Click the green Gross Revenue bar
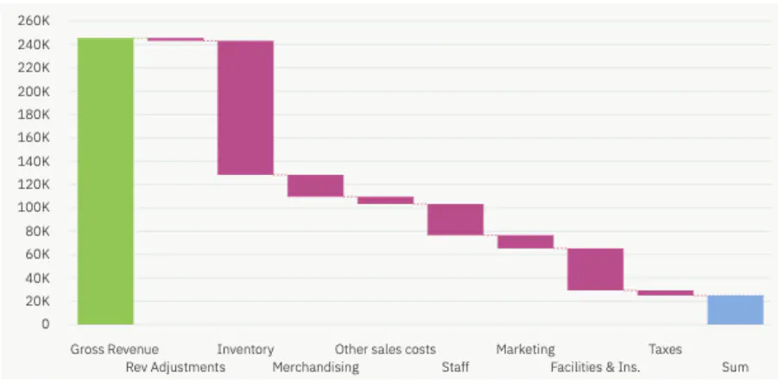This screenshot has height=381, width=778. click(x=105, y=181)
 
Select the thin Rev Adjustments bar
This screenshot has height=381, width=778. click(x=175, y=39)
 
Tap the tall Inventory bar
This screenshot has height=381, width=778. click(x=245, y=108)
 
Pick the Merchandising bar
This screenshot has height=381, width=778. click(x=315, y=185)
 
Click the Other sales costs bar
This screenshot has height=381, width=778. click(x=385, y=200)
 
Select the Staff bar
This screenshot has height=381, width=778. click(x=455, y=219)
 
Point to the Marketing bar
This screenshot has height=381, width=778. click(x=525, y=241)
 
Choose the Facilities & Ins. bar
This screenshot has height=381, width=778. click(x=595, y=269)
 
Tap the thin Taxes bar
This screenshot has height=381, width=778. click(x=665, y=293)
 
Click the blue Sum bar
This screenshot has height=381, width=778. click(x=735, y=309)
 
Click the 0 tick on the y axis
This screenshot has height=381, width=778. click(x=43, y=325)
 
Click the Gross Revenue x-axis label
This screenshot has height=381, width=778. click(x=114, y=349)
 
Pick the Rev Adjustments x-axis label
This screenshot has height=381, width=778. click(x=175, y=367)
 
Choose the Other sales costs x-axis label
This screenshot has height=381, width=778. click(x=385, y=349)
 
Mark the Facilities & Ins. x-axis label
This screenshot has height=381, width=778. click(x=595, y=367)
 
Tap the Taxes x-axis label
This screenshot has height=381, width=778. click(x=665, y=349)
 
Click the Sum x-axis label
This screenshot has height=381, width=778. click(x=735, y=367)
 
